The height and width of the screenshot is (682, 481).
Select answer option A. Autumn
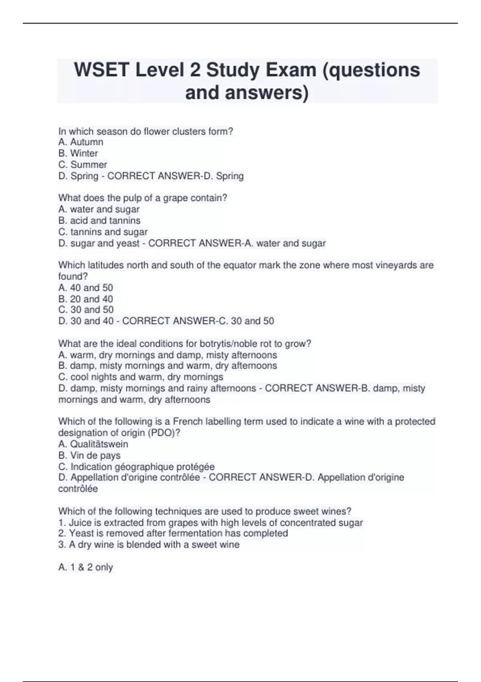pos(81,142)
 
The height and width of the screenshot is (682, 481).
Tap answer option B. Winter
pos(78,153)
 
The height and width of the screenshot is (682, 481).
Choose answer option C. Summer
pos(83,164)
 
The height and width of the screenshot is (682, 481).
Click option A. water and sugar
pos(99,209)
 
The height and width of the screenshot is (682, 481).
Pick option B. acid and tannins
pos(99,220)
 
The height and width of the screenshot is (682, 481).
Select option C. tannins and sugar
pos(103,231)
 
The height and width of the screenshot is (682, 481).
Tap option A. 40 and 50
pos(86,288)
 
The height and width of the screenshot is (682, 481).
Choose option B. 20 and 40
pos(86,299)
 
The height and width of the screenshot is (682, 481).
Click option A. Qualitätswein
pos(93,444)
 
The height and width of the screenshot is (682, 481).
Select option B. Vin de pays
pos(89,455)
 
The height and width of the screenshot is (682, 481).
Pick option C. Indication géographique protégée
pos(136,467)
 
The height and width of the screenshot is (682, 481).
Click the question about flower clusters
pos(146,131)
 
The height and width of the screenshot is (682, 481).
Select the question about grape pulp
pos(143,198)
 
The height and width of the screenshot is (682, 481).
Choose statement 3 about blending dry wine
pos(149,544)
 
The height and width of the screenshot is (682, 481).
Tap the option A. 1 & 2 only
pos(86,567)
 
